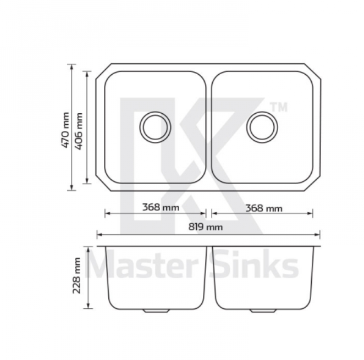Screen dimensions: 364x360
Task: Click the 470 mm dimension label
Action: coord(65,130)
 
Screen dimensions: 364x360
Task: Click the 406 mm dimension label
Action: coord(79,131)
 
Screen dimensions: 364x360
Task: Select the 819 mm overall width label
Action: coord(206,227)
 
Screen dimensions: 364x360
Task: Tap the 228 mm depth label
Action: coord(76,276)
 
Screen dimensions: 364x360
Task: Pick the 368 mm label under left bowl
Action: coord(161,207)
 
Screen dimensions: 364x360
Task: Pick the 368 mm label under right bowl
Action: coord(264,208)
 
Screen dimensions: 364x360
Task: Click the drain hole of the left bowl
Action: coord(155,127)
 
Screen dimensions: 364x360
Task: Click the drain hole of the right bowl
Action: coord(262,127)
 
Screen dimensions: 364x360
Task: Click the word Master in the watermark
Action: coord(142,264)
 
